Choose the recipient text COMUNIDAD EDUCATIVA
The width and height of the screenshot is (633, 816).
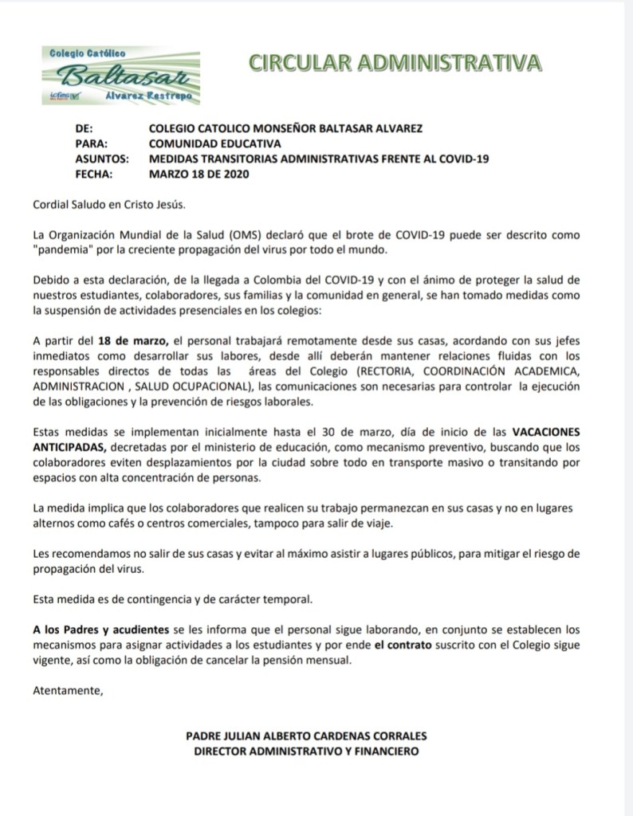[215, 143]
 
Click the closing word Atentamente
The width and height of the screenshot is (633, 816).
[69, 690]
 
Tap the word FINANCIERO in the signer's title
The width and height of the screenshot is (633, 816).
[380, 751]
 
